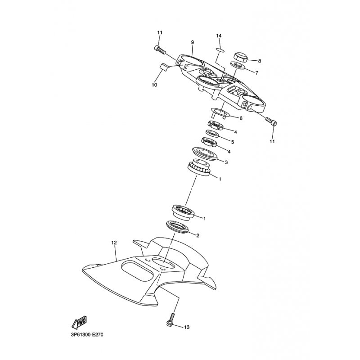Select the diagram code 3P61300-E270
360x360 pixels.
point(87,334)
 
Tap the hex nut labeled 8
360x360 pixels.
point(240,58)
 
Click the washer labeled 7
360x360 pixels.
point(238,65)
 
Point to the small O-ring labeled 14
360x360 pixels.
point(220,50)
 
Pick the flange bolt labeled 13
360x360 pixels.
point(171,319)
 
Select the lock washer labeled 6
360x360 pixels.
point(220,113)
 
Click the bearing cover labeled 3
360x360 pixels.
point(205,153)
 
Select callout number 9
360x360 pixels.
point(193,42)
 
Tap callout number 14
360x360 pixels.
point(219,36)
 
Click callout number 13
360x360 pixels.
point(187,327)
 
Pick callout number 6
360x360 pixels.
point(241,118)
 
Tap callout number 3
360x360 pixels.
point(226,162)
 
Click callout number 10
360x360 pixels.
point(154,85)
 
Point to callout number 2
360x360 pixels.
point(198,235)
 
